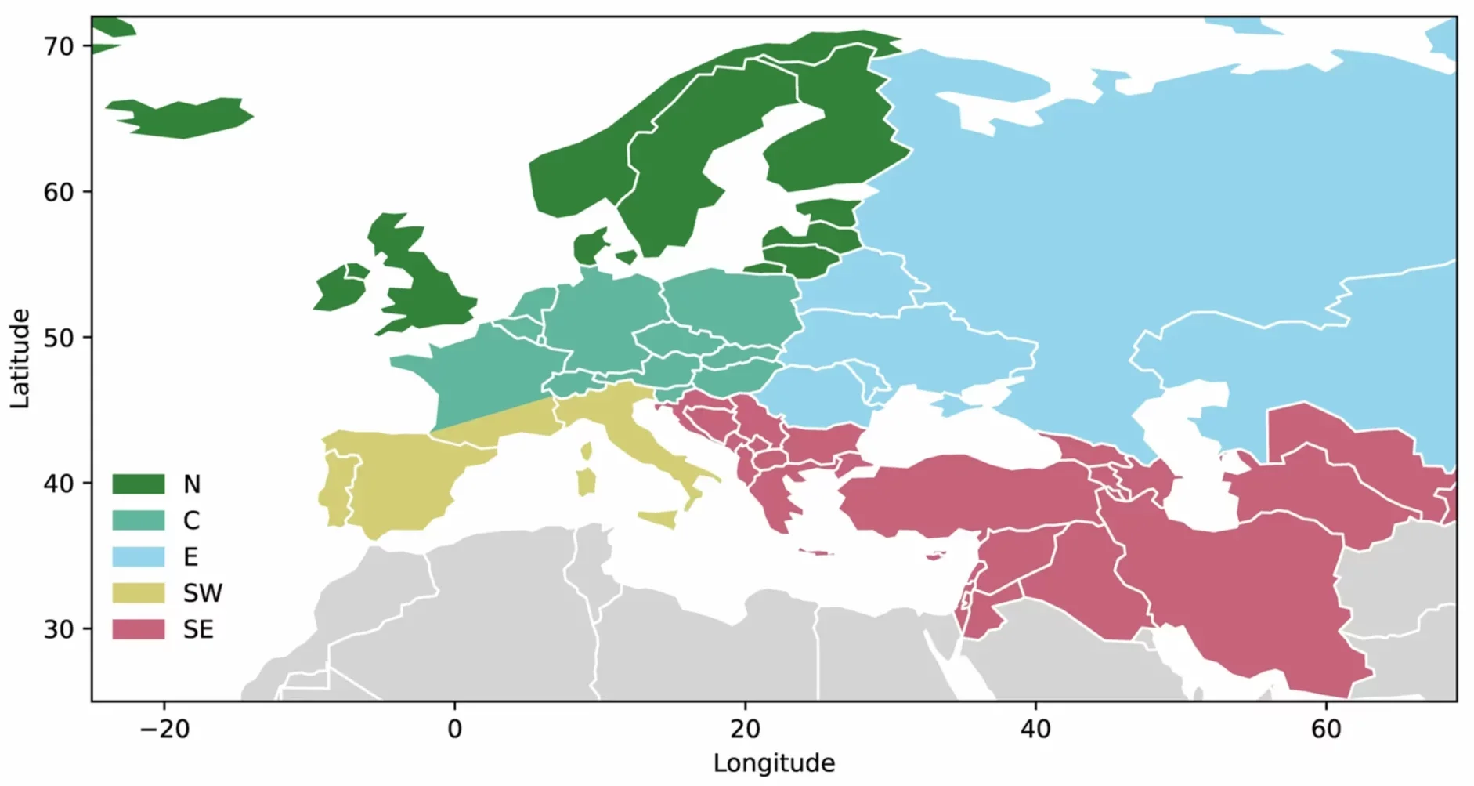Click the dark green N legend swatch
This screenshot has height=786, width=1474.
pos(138,484)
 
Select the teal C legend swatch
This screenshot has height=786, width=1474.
pos(138,520)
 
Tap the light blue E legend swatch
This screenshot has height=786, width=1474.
pos(138,556)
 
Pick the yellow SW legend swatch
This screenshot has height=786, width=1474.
pos(138,592)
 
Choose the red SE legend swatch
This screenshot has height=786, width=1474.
pos(138,629)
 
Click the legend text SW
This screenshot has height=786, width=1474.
pos(203,593)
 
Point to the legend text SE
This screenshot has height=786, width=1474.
pos(198,629)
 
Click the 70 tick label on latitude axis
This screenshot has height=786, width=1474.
pos(59,47)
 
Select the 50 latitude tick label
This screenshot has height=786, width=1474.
pos(59,339)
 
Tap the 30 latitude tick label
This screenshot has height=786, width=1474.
pos(59,629)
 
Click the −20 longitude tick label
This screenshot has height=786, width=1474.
pos(164,730)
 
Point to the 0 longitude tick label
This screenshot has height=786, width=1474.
pos(455,730)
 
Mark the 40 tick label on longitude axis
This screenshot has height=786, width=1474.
pos(1035,730)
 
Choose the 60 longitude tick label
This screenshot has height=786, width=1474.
pos(1326,730)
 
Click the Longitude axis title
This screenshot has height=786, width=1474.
pos(774,763)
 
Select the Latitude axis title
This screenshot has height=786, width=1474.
pos(20,358)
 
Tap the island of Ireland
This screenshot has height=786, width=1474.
pos(341,288)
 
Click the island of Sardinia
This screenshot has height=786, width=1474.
pos(586,481)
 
